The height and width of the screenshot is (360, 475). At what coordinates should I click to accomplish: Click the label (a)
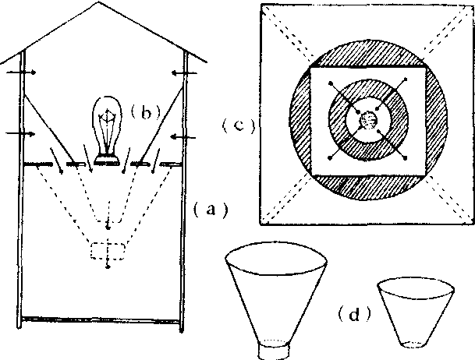coord(211,210)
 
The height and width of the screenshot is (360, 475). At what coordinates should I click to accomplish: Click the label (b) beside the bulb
coord(145,112)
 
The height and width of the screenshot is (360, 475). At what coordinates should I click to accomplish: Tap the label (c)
coord(239,125)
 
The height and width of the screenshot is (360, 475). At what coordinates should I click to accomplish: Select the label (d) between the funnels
coord(354,315)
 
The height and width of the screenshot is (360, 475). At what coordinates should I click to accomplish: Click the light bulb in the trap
coord(107,129)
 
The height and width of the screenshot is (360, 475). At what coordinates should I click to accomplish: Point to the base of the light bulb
coord(107,160)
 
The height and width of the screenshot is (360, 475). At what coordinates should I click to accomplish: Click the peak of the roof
coord(97,2)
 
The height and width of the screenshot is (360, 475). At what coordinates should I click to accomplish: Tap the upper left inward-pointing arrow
coord(21,72)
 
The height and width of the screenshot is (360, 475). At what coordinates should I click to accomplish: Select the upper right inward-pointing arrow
coord(184,73)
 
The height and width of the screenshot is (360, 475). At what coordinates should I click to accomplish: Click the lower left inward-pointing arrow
coord(20,134)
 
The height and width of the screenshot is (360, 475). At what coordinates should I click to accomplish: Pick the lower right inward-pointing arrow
coord(183,138)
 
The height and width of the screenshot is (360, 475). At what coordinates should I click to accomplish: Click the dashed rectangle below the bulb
coord(108,243)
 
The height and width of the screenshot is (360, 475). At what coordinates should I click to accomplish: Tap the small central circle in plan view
coord(368,121)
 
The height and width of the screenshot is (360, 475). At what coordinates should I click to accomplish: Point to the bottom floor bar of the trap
coord(101,319)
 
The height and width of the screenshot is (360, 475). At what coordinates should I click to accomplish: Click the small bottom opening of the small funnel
coord(413,344)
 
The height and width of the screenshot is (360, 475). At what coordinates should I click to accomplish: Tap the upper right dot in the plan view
coord(406,79)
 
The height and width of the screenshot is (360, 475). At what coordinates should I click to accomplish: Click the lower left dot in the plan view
coord(331,157)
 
